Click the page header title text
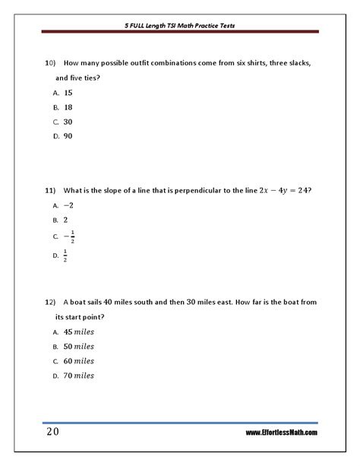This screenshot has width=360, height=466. tap(180, 24)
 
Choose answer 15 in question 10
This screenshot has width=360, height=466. tap(68, 91)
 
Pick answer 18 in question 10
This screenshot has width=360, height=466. tap(68, 106)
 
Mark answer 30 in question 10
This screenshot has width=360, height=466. tap(68, 121)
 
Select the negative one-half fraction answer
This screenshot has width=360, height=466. tap(69, 236)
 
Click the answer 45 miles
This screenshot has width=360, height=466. tap(78, 331)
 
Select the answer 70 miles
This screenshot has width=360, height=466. tap(78, 375)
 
